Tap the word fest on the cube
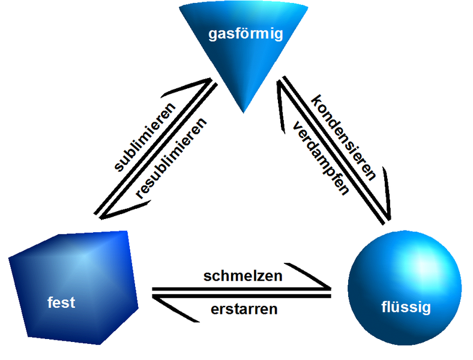(61, 302)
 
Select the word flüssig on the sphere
(406, 308)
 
